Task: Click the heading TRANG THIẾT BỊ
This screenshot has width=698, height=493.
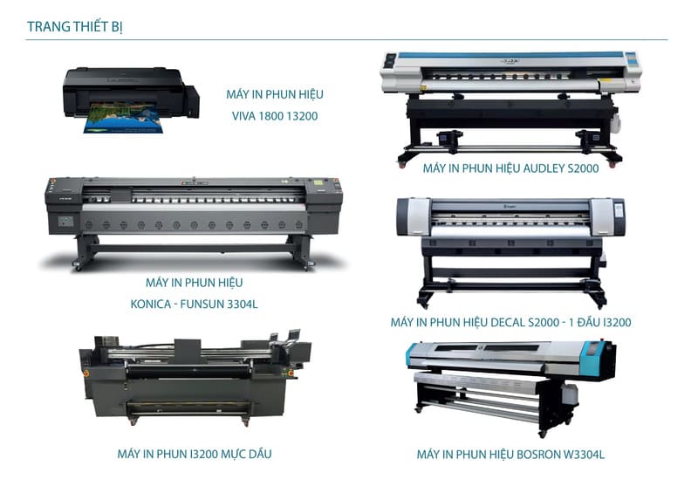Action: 74,27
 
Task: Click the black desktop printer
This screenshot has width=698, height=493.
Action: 131,93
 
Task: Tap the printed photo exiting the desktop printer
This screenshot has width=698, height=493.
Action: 123,118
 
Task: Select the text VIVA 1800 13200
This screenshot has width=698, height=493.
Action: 275,116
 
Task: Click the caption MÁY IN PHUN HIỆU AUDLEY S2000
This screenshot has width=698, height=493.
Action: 510,168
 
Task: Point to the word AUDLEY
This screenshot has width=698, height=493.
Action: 543,168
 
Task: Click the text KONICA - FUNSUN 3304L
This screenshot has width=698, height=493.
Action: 194,305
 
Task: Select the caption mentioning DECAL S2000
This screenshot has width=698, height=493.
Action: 510,323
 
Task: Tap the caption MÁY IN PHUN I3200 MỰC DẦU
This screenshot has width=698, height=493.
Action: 194,455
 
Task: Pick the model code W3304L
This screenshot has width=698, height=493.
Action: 584,455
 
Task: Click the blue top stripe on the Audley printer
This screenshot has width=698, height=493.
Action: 510,55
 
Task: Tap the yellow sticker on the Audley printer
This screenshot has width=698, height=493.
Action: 606,81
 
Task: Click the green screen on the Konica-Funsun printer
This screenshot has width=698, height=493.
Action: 318,182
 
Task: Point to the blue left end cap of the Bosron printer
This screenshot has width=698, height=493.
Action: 411,355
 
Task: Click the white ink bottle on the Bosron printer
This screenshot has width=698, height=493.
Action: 570,394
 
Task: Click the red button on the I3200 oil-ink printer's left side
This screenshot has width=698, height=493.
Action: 86,373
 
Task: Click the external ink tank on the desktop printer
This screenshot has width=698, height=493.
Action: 192,101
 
